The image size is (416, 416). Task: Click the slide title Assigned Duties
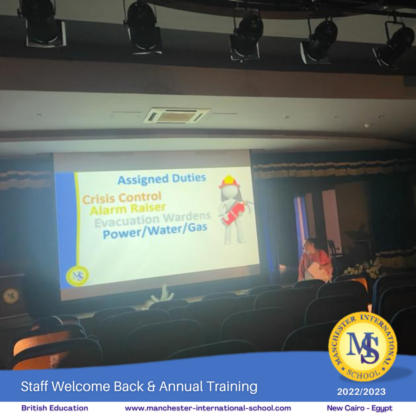pos(162,179)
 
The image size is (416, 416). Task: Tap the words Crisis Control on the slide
pos(122,197)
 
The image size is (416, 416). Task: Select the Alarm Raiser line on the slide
pos(128,208)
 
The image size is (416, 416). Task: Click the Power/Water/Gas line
pos(155,231)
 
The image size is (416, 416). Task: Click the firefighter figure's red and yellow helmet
pos(229,182)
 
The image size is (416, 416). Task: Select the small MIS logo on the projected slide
pos(78,276)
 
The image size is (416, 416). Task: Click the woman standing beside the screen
pos(315,261)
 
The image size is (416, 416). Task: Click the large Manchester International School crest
pos(363,347)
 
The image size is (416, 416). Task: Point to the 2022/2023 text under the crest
pos(361,392)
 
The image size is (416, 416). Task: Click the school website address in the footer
pos(208,408)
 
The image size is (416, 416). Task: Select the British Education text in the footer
pos(55,408)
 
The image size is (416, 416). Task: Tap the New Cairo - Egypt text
pos(359,408)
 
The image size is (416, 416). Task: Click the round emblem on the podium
pos(11,295)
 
